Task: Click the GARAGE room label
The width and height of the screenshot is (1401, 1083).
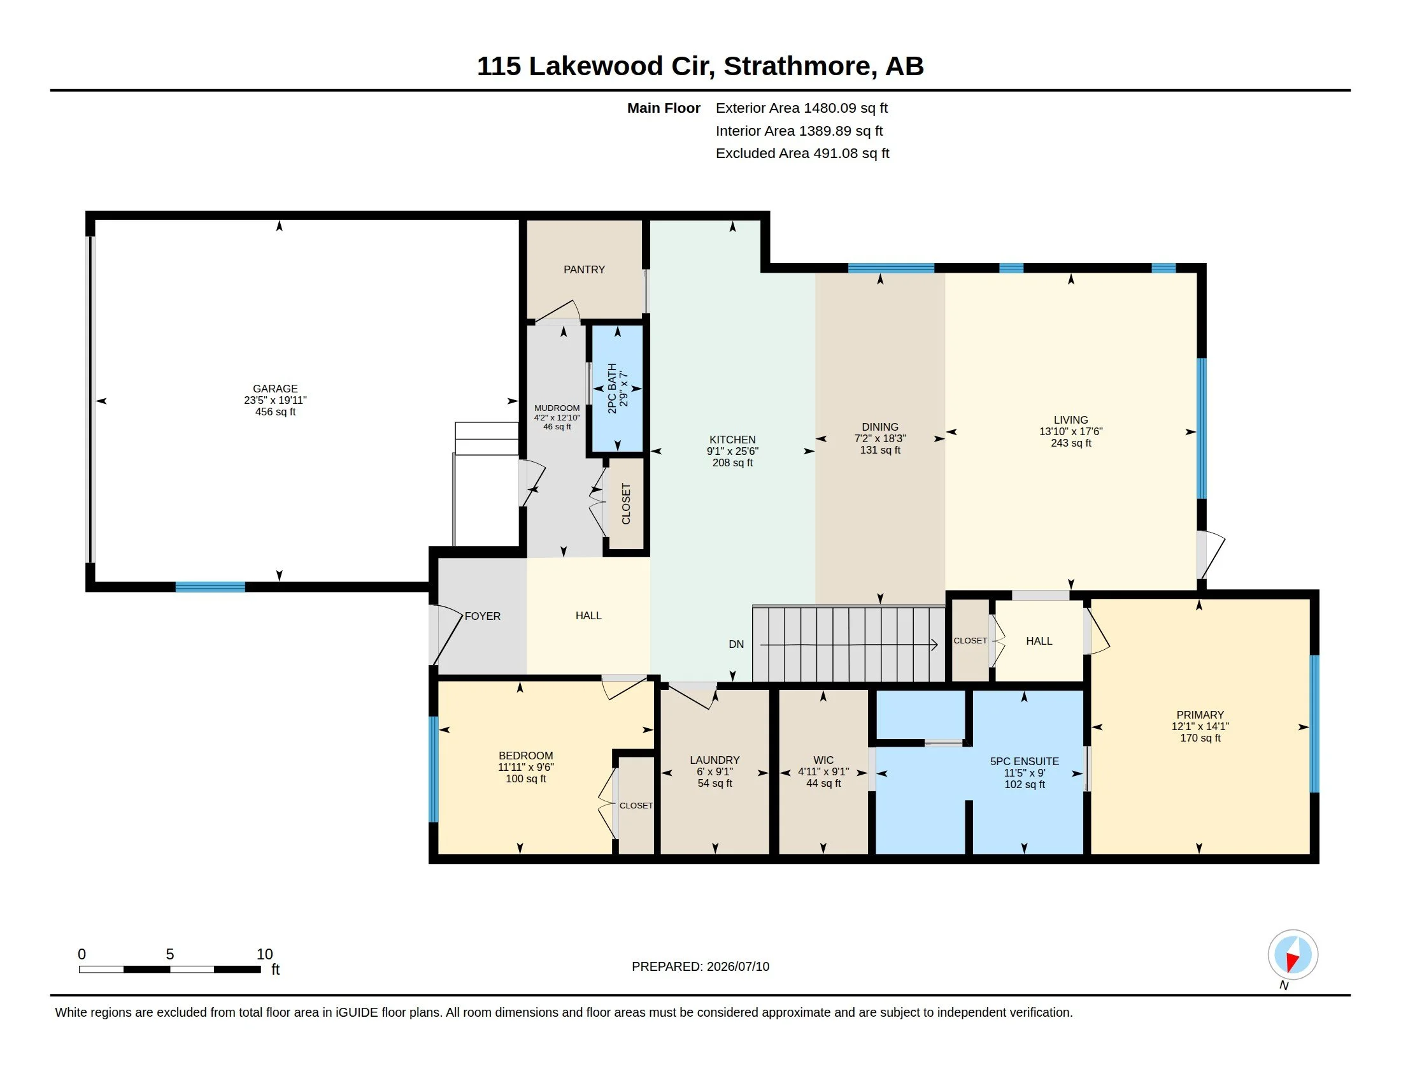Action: pyautogui.click(x=275, y=389)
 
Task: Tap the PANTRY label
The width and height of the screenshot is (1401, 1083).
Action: pyautogui.click(x=584, y=269)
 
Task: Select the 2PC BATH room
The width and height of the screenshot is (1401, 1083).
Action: pyautogui.click(x=617, y=389)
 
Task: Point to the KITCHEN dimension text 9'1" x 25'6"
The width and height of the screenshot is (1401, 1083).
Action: pyautogui.click(x=732, y=451)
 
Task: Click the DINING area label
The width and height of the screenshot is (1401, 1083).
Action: pyautogui.click(x=880, y=427)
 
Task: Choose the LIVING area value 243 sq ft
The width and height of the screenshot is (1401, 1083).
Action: pyautogui.click(x=1070, y=443)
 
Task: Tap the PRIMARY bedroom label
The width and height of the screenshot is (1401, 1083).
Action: pyautogui.click(x=1200, y=715)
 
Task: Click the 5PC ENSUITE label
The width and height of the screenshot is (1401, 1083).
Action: pyautogui.click(x=1025, y=761)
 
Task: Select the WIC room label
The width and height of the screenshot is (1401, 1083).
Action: pyautogui.click(x=823, y=760)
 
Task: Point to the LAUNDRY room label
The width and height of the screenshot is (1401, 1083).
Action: pyautogui.click(x=715, y=760)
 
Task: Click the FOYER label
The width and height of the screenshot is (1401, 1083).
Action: pyautogui.click(x=483, y=616)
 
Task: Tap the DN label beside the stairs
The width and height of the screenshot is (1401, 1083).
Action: pyautogui.click(x=736, y=644)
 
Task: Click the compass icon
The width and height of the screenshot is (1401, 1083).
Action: pyautogui.click(x=1293, y=955)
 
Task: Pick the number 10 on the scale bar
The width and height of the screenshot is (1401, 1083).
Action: pyautogui.click(x=264, y=954)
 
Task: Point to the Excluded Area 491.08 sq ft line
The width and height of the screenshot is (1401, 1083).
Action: pyautogui.click(x=802, y=154)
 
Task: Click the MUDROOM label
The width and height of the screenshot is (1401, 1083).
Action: pyautogui.click(x=557, y=408)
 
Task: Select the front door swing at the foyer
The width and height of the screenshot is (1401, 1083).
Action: pyautogui.click(x=448, y=636)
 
